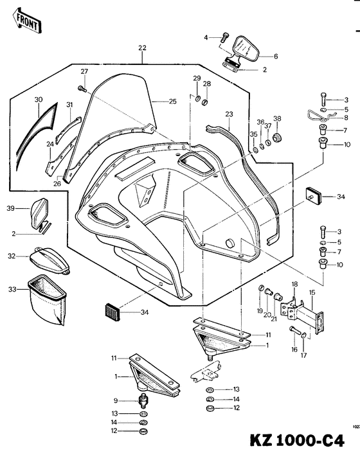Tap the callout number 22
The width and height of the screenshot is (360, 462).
tap(142, 48)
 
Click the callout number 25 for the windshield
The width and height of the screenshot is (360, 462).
tap(172, 102)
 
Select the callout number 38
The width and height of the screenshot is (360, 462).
tap(277, 118)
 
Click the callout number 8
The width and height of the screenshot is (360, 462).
tap(346, 118)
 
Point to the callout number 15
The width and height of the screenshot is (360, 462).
tap(312, 292)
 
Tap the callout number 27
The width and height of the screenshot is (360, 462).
tap(84, 71)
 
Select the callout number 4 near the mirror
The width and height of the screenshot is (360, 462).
tap(206, 38)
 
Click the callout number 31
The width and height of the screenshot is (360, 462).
tap(69, 105)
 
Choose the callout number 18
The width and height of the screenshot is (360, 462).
tap(294, 284)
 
